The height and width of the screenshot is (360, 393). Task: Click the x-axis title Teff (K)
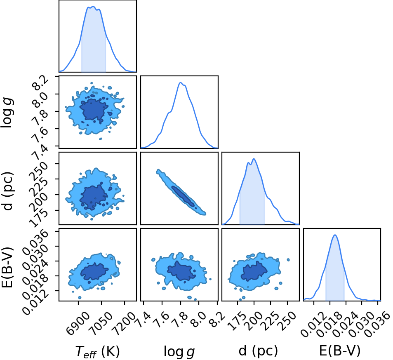click(x=97, y=351)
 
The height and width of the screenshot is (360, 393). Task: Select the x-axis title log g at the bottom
click(x=179, y=351)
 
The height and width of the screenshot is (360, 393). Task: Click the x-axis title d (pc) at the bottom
click(x=258, y=351)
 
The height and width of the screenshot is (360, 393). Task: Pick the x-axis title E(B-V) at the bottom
click(x=340, y=351)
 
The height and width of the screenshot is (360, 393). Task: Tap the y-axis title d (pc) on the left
click(x=7, y=191)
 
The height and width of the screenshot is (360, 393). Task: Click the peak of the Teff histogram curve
click(x=93, y=6)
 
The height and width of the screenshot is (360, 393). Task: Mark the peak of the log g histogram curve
click(x=180, y=82)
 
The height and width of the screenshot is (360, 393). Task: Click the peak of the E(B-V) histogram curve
click(x=335, y=235)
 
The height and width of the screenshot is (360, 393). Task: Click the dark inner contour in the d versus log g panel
click(x=183, y=196)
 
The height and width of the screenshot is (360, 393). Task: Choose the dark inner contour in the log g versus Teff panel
click(x=94, y=111)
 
